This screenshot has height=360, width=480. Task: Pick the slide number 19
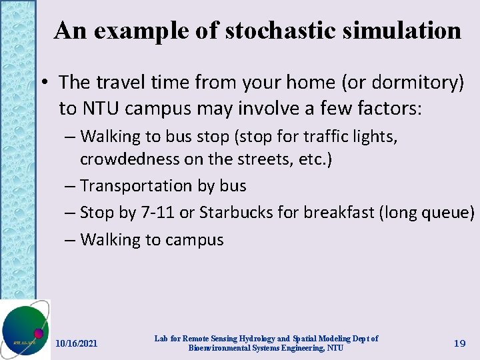click(x=459, y=343)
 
